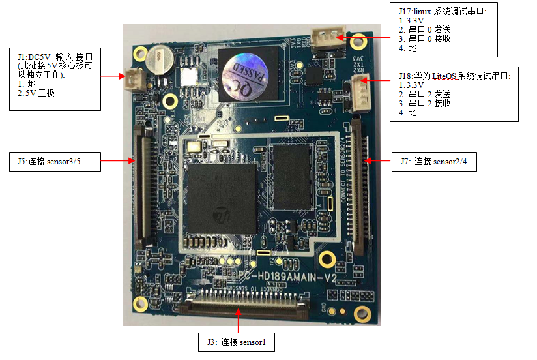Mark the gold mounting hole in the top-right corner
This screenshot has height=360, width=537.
click(x=357, y=41)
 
